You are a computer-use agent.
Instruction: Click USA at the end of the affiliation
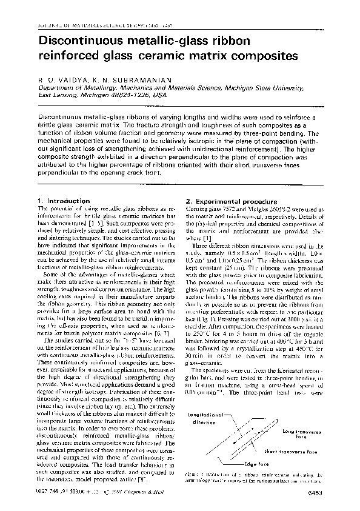tap(159, 95)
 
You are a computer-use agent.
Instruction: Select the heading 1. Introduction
tap(60, 201)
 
